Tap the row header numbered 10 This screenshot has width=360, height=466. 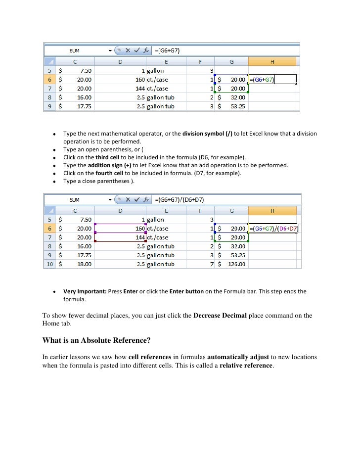[49, 264]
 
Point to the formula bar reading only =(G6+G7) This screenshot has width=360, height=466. [167, 50]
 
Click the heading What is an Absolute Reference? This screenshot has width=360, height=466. [96, 340]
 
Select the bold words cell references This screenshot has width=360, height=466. [148, 357]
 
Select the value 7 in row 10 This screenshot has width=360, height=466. [212, 264]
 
